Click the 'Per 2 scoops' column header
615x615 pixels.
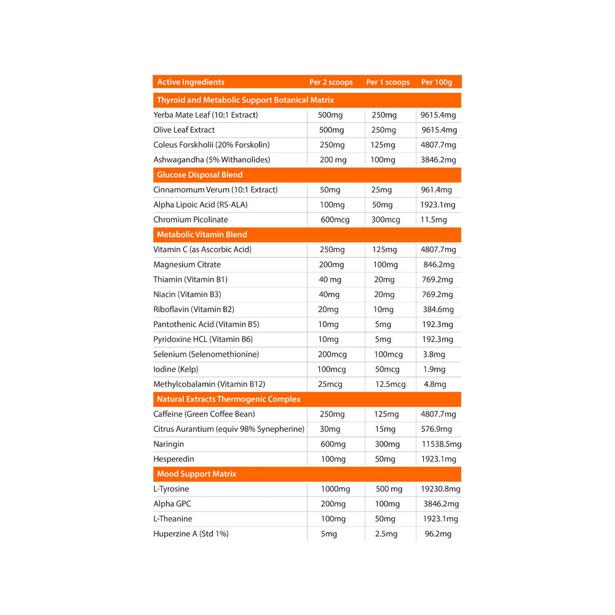[x=331, y=82]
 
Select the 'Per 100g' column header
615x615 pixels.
[x=437, y=82]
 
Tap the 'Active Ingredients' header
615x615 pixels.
[x=191, y=82]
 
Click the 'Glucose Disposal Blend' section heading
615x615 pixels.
[x=200, y=175]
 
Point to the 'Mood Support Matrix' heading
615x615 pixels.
[x=197, y=474]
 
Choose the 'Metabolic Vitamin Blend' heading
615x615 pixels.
[x=202, y=235]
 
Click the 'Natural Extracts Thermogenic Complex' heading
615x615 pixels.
[x=229, y=400]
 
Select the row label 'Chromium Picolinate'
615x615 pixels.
[x=191, y=220]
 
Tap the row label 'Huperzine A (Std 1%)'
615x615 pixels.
[x=191, y=534]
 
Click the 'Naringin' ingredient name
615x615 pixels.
[x=169, y=445]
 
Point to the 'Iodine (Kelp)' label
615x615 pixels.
[x=176, y=370]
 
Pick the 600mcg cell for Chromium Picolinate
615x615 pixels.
[x=335, y=220]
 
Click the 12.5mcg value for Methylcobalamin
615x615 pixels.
[x=390, y=384]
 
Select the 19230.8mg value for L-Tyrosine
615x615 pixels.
[x=440, y=490]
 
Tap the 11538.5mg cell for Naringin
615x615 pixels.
[x=441, y=445]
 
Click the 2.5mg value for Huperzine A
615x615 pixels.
[x=386, y=534]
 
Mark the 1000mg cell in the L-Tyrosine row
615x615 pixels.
[x=335, y=490]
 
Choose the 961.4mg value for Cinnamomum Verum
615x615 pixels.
[x=436, y=190]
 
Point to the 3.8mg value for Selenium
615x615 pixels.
[x=434, y=355]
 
